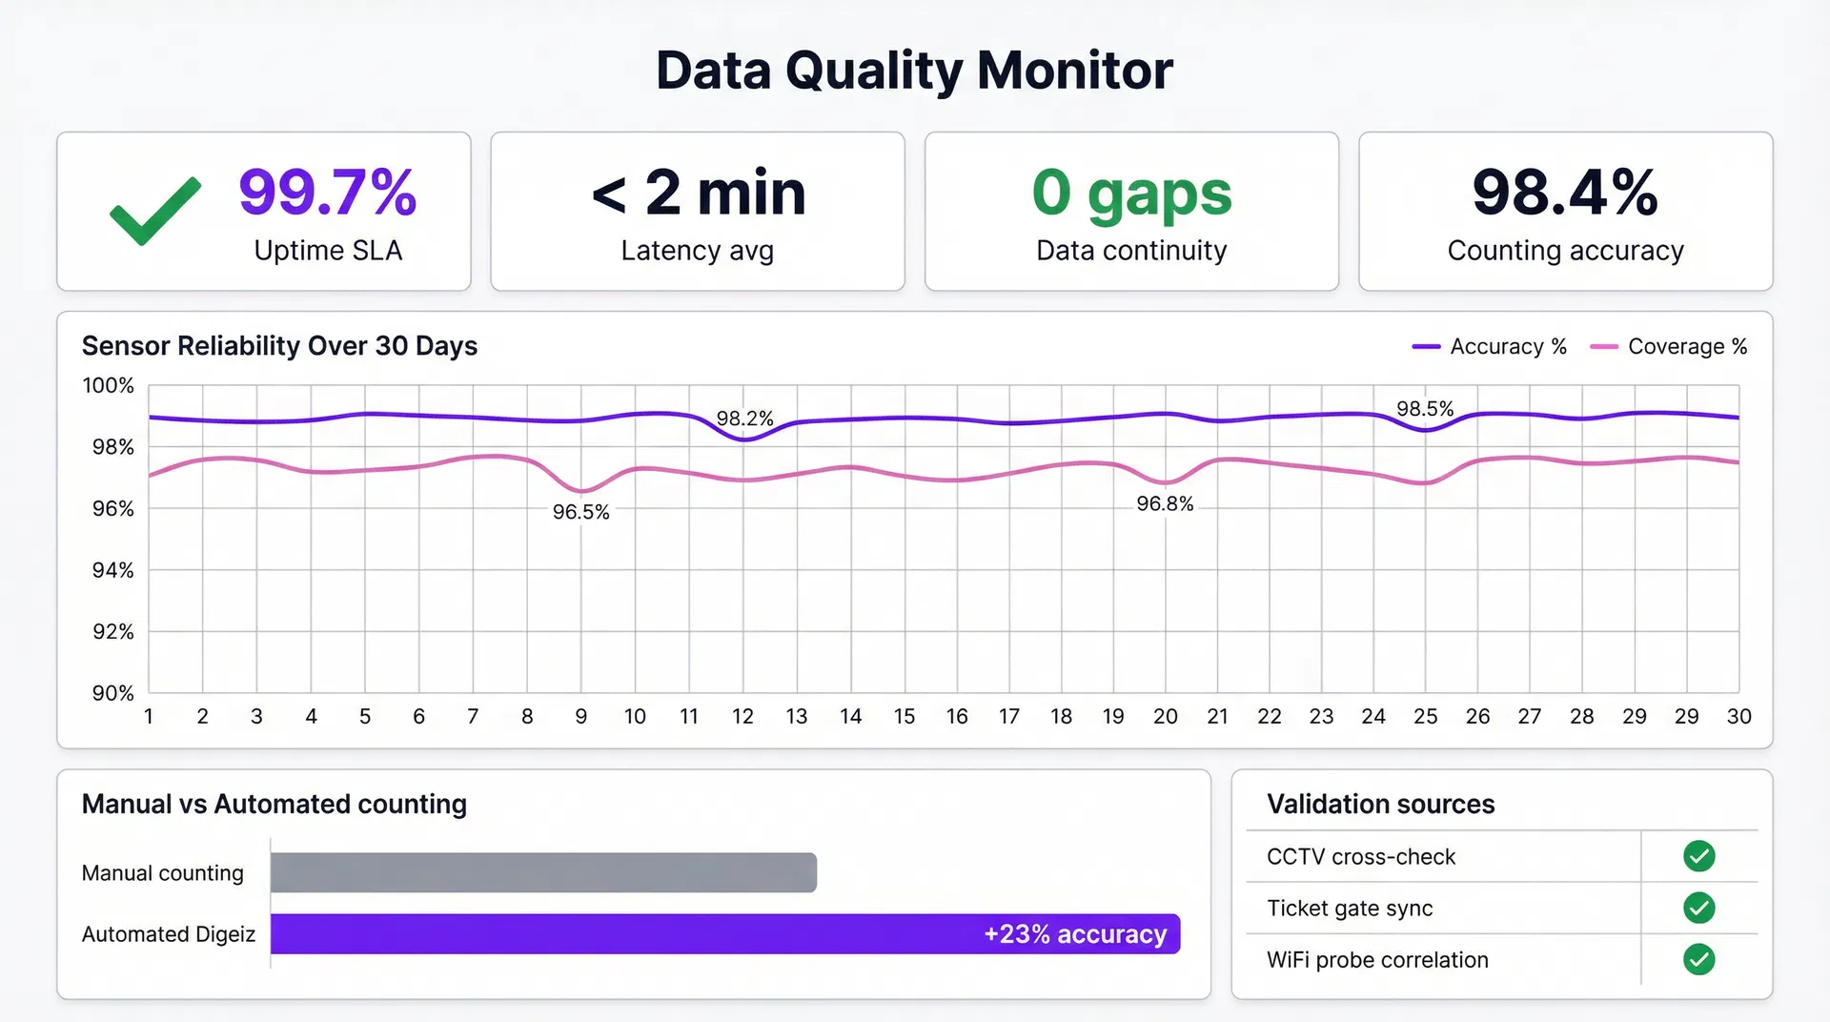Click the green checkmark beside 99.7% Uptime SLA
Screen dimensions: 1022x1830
click(x=154, y=212)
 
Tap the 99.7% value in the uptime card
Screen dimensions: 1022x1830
click(x=327, y=193)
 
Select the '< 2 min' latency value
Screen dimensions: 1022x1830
click(x=698, y=193)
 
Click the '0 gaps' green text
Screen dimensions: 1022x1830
click(x=1131, y=193)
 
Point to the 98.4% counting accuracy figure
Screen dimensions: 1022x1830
click(x=1565, y=193)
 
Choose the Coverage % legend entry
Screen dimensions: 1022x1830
click(x=1669, y=347)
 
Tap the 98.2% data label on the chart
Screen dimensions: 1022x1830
click(x=744, y=419)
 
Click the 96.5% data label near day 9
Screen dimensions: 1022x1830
click(x=580, y=512)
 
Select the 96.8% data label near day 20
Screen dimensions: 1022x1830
click(x=1165, y=503)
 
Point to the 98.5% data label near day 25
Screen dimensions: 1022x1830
click(x=1425, y=409)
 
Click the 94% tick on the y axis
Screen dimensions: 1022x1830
click(x=112, y=570)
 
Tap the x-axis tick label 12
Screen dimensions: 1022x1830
click(x=742, y=716)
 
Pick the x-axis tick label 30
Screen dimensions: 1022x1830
click(x=1738, y=716)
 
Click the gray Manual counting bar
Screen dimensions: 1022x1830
click(x=543, y=872)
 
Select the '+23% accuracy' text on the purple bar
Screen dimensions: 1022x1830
click(x=1074, y=934)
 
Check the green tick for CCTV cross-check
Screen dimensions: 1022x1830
click(x=1698, y=856)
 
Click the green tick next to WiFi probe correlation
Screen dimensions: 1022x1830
click(x=1698, y=959)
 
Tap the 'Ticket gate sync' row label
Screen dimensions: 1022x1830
click(x=1349, y=909)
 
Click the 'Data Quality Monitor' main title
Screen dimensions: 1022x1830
click(x=914, y=71)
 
